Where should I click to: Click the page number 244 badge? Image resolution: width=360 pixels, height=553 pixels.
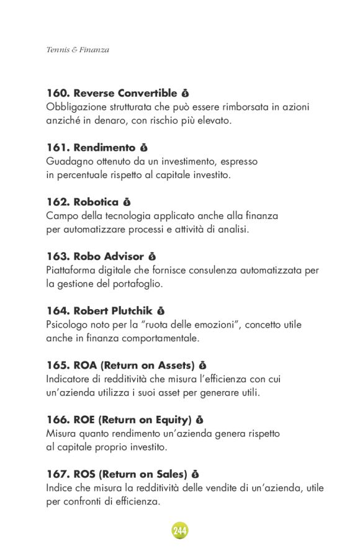coord(180,531)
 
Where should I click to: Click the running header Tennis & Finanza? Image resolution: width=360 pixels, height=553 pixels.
coord(78,50)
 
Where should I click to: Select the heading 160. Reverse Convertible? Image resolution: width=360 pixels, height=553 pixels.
coord(112,94)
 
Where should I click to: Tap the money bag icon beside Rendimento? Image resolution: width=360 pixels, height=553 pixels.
coord(144,148)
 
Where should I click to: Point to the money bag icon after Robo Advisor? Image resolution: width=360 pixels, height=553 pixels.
coord(152,256)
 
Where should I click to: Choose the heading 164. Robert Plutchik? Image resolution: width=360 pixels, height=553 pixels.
coord(99,310)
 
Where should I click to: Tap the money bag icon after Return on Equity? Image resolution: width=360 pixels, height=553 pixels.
coord(199,420)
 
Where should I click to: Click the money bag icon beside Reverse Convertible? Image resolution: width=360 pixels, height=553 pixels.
coord(185,94)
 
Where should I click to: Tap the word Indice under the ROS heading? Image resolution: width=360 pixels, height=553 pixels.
coord(59,488)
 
